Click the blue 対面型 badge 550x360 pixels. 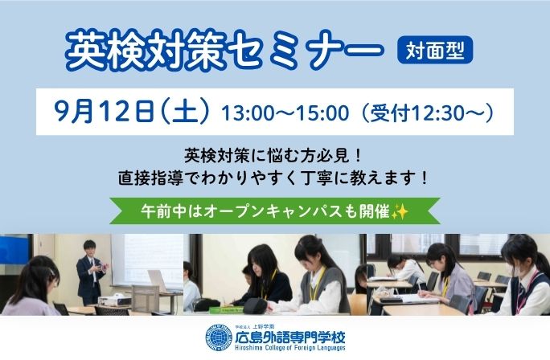435,50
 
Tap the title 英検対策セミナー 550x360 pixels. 224,50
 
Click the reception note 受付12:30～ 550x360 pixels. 428,112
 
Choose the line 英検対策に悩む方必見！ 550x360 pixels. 273,156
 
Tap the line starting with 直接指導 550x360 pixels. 273,178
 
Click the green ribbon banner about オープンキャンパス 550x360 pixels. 275,211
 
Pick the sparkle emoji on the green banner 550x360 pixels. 400,211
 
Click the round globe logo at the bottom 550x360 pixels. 219,337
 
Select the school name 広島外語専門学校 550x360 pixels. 290,337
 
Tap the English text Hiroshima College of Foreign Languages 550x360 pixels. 290,348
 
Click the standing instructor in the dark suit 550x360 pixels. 91,272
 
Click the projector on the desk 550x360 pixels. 114,301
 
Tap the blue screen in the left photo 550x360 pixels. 14,250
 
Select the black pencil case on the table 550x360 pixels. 256,306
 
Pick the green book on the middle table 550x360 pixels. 226,310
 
